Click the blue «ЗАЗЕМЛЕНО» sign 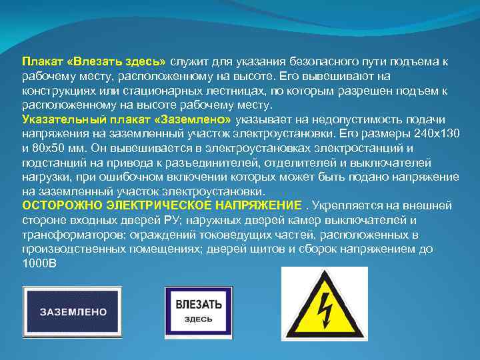tap(74, 311)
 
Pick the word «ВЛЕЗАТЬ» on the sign tap(198, 304)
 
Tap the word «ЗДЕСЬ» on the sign tap(198, 319)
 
